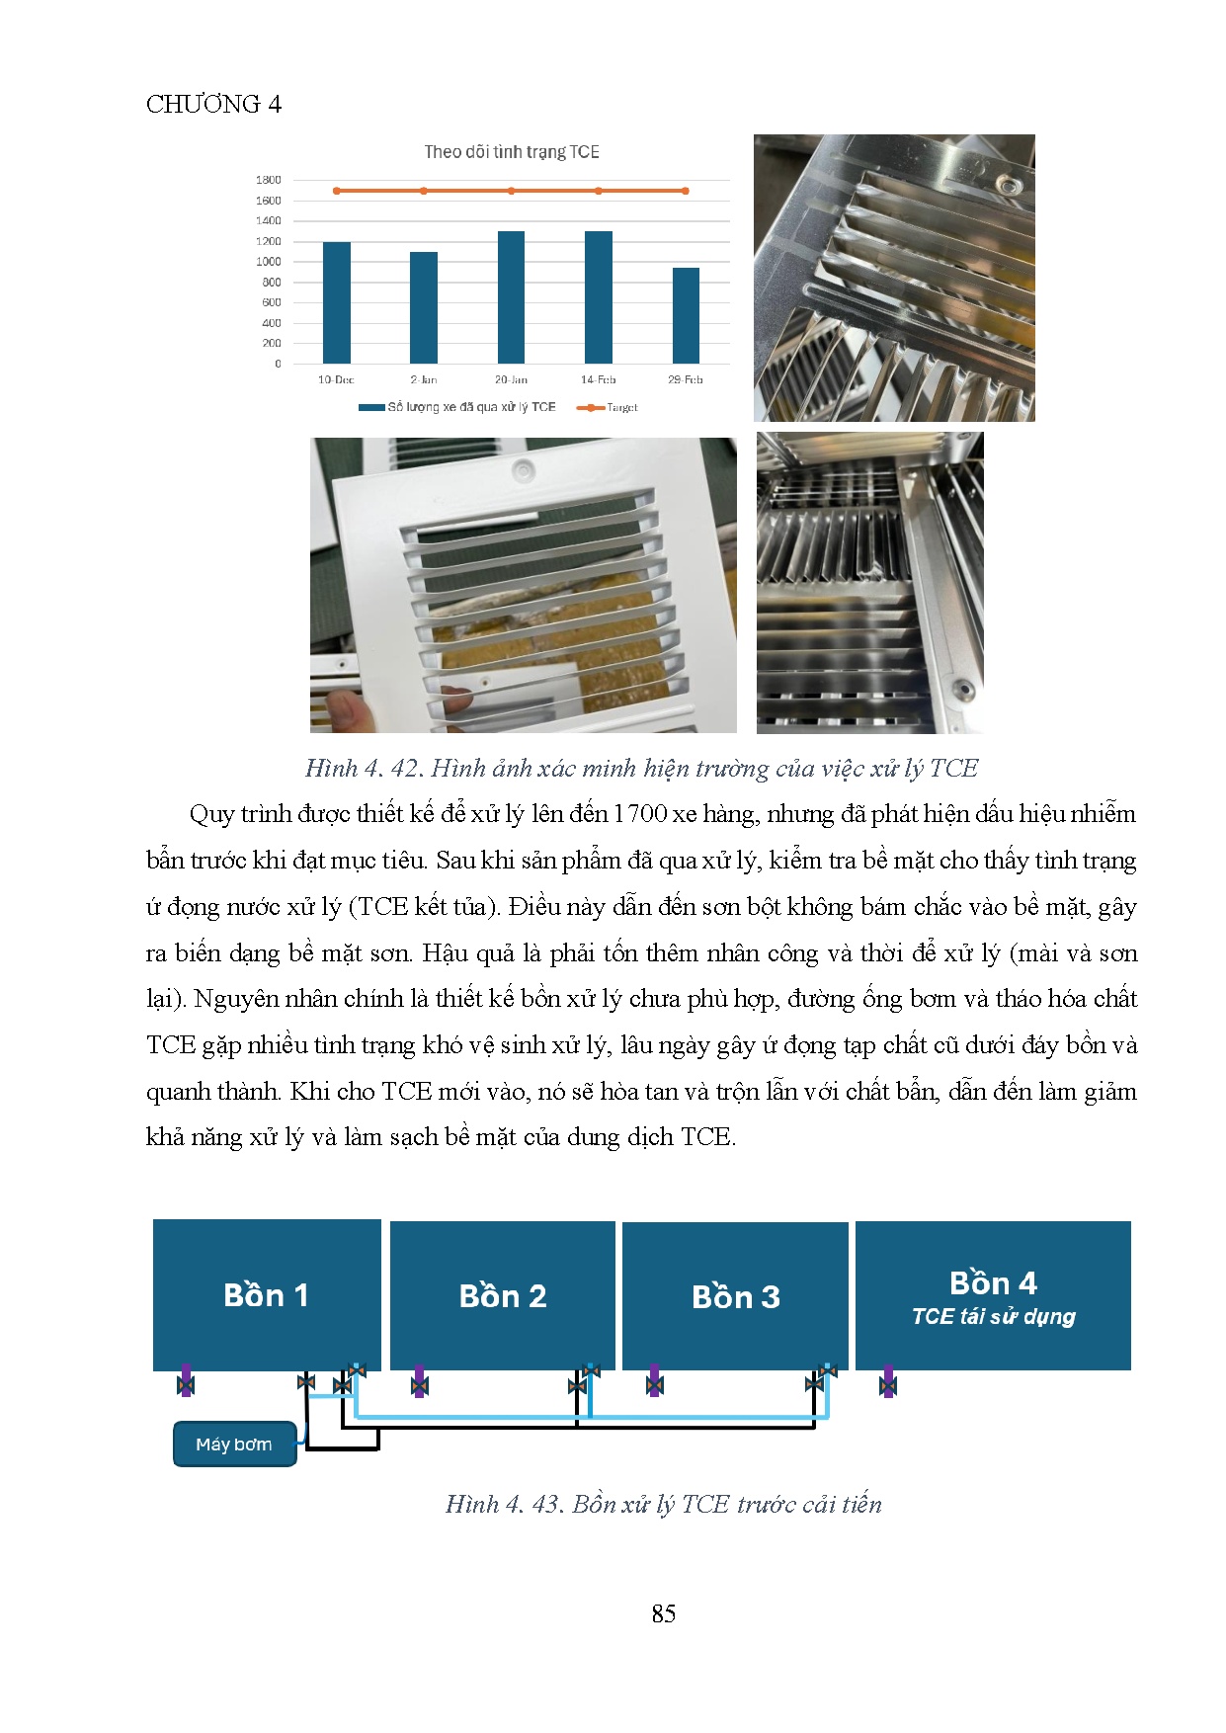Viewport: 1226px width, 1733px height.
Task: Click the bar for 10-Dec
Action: tap(336, 302)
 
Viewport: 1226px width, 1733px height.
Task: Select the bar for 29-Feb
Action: tap(686, 315)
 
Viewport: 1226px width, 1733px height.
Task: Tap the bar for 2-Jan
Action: tap(423, 307)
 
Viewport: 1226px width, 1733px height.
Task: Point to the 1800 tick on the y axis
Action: tap(269, 180)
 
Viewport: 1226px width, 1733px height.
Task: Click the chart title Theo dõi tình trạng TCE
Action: tap(512, 152)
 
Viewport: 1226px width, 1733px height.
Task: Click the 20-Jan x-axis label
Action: tap(511, 379)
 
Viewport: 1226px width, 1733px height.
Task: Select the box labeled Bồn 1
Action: tap(267, 1294)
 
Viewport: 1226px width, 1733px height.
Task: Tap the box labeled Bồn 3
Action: tap(735, 1295)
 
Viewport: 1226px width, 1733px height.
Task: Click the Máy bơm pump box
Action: tap(234, 1444)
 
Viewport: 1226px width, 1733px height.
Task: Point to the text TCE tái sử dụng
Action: tap(993, 1316)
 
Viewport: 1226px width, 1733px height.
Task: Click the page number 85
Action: tap(664, 1613)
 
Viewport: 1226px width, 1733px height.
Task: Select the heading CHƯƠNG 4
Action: tap(213, 104)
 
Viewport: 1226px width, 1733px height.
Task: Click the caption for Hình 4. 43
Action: tap(663, 1504)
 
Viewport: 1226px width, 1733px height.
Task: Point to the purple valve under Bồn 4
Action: tap(887, 1381)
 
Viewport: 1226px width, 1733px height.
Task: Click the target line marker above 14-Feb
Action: tap(598, 191)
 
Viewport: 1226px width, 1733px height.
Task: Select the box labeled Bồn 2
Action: tap(502, 1295)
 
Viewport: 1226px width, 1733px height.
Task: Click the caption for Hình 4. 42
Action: tap(641, 768)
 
